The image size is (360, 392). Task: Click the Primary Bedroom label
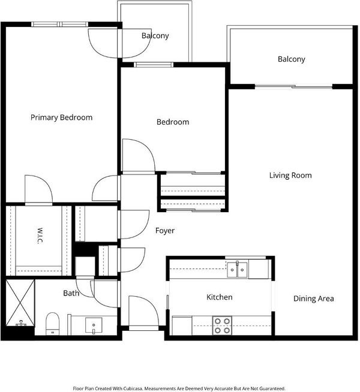(x=62, y=117)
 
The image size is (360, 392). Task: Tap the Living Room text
(x=290, y=175)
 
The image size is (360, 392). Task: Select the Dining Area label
(x=313, y=298)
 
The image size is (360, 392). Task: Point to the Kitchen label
(x=220, y=297)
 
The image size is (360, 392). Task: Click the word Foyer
(x=165, y=231)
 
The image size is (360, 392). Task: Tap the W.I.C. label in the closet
(x=40, y=236)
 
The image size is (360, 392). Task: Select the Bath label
(x=71, y=293)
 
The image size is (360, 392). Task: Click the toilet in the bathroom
(x=53, y=324)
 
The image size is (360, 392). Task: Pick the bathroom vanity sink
(x=94, y=325)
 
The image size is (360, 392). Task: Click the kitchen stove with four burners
(x=222, y=325)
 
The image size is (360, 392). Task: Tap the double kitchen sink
(x=238, y=269)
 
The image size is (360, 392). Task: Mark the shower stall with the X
(x=20, y=303)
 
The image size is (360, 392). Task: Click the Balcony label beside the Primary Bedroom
(x=155, y=36)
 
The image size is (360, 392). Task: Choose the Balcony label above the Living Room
(x=292, y=59)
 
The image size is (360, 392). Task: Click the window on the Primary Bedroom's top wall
(x=60, y=24)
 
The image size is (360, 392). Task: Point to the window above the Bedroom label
(x=154, y=65)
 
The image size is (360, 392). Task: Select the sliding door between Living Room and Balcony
(x=294, y=87)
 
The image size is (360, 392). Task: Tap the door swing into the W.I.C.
(x=39, y=190)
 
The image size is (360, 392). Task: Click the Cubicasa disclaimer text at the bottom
(x=179, y=388)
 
